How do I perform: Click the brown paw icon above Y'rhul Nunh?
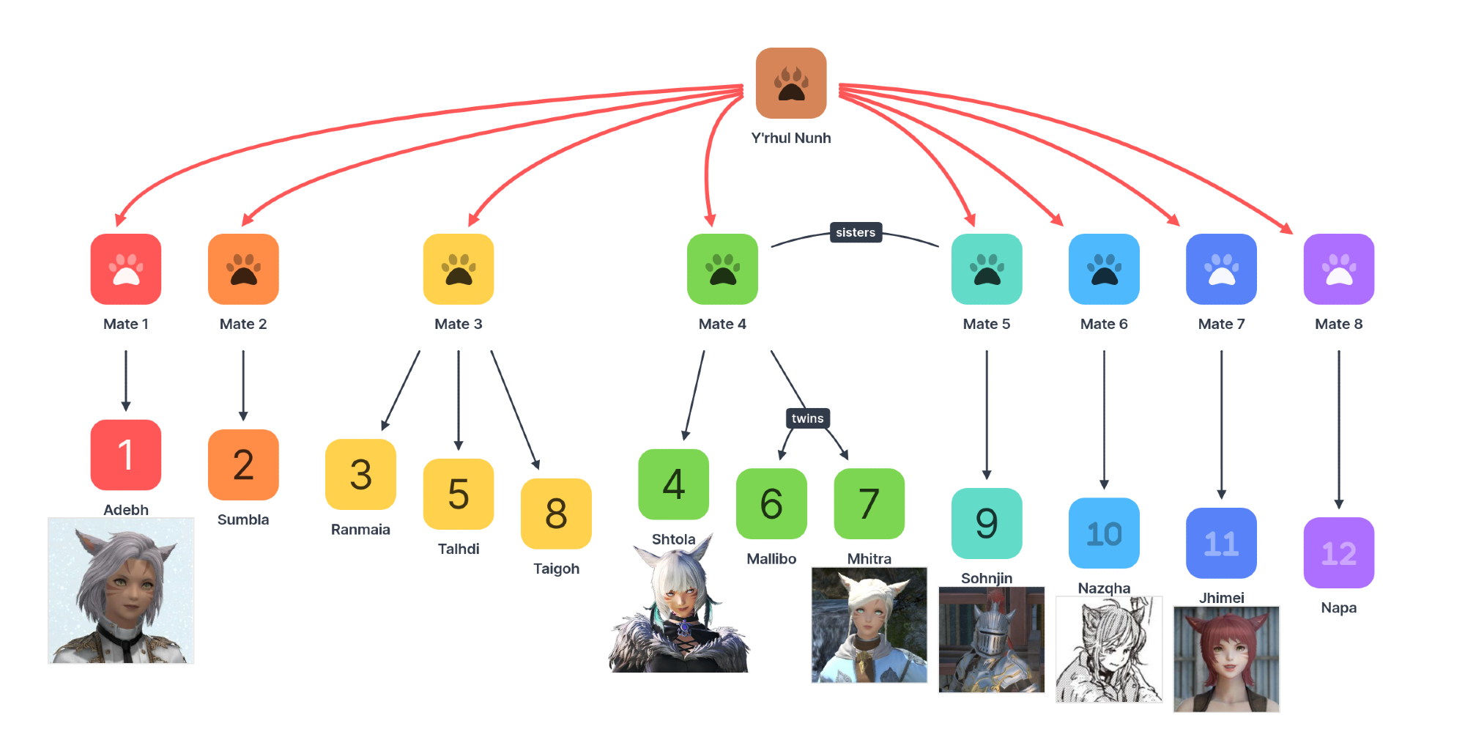click(791, 83)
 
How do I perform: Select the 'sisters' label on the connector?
click(856, 232)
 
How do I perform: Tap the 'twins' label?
click(807, 418)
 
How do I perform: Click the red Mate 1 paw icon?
click(126, 269)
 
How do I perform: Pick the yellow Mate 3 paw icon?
click(459, 269)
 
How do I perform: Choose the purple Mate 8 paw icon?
click(1338, 269)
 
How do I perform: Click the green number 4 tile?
click(673, 484)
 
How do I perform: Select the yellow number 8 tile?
click(556, 514)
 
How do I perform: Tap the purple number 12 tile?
click(1338, 552)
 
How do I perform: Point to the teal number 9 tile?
click(986, 523)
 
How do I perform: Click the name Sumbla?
click(243, 519)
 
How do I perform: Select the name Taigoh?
click(556, 569)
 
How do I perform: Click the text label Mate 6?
click(1104, 324)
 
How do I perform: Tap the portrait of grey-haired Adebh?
click(121, 591)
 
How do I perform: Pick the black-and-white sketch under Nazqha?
click(1108, 649)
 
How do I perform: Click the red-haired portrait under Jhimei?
click(1226, 659)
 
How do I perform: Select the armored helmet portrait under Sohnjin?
click(991, 639)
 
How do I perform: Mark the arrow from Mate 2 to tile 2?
click(243, 385)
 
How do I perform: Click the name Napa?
click(1338, 607)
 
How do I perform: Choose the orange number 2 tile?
click(243, 465)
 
